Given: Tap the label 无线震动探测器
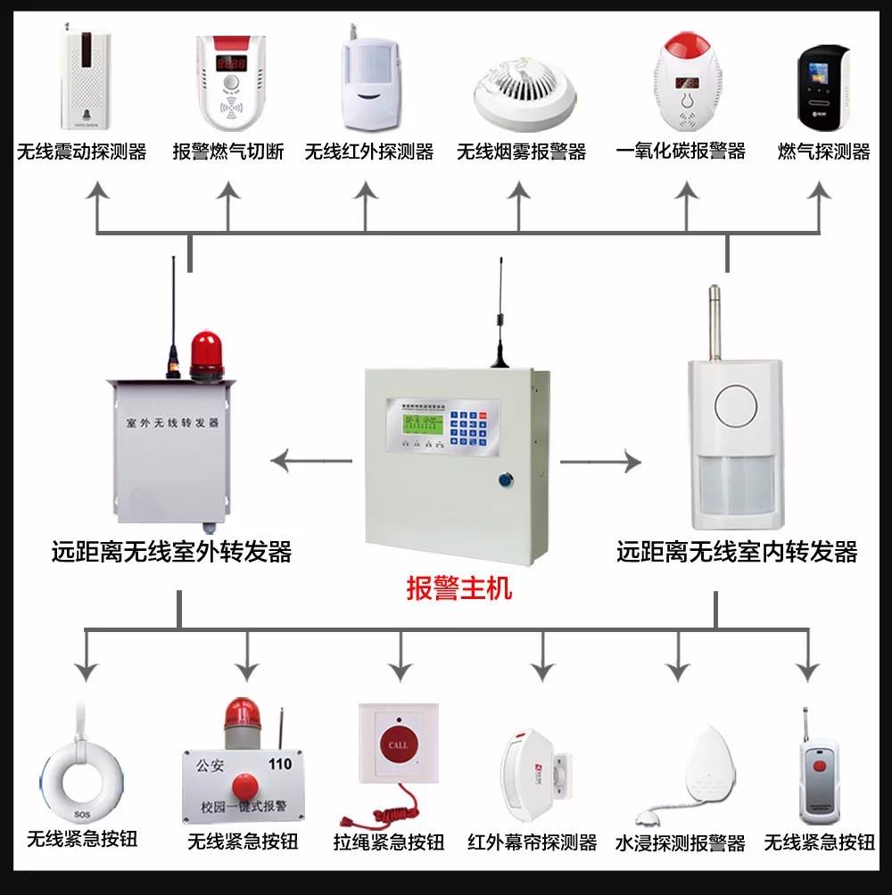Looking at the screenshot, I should point(81,151).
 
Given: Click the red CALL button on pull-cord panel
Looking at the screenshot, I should point(398,744).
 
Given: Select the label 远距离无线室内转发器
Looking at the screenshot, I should point(737,552).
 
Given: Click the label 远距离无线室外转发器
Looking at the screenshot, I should point(172,552).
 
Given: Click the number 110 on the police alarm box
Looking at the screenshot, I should point(279,764).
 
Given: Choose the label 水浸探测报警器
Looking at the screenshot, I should point(680,842).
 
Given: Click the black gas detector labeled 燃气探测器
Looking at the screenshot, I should point(822,85).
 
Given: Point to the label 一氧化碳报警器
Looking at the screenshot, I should point(681,151).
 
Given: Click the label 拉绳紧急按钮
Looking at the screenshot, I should point(389,842).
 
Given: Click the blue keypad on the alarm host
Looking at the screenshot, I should point(467,428).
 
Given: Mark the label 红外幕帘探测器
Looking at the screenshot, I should point(533,842).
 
